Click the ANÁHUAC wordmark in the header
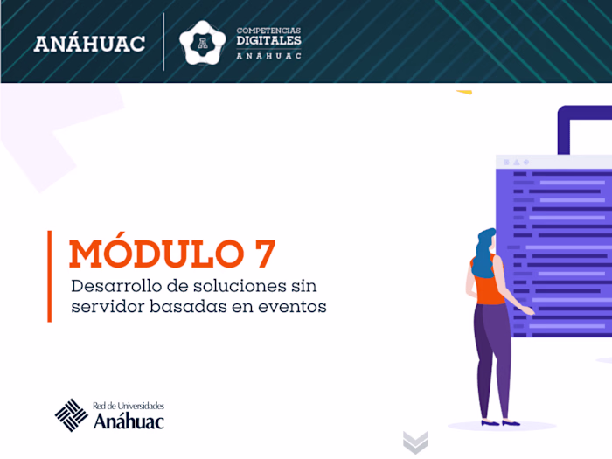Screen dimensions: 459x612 [89, 43]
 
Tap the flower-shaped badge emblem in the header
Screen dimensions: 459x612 [202, 42]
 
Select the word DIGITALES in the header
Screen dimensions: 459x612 [268, 40]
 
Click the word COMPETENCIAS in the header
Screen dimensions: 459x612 [268, 30]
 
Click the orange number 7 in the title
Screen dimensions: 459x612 [261, 254]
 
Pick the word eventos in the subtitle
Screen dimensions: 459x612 [295, 307]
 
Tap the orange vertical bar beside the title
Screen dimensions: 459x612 [50, 276]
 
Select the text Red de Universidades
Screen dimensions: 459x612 [128, 406]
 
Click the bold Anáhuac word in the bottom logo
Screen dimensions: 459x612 [128, 421]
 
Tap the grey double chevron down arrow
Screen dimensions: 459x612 [415, 442]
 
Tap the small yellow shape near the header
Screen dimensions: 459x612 [463, 91]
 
